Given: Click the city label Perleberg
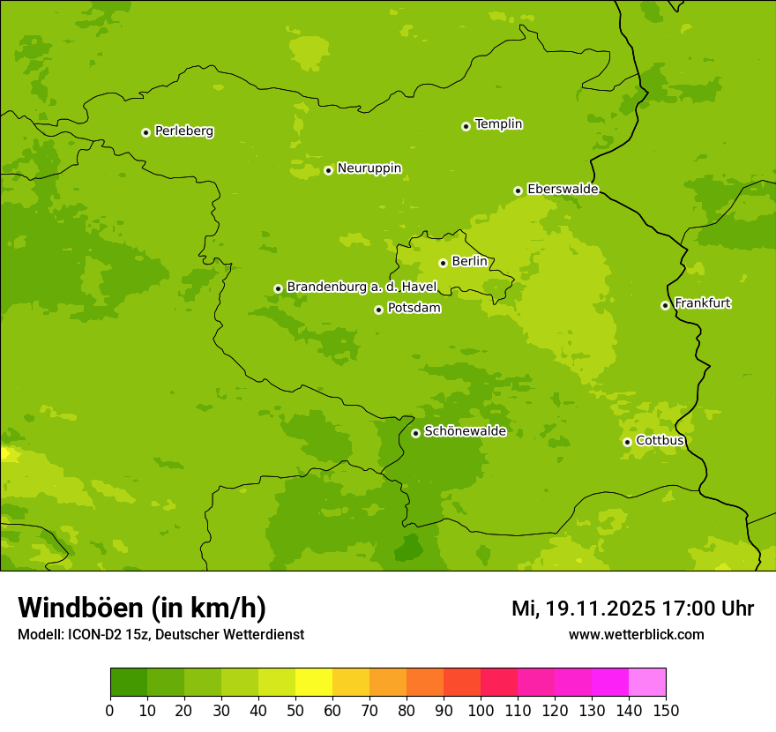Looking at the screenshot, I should tap(183, 131).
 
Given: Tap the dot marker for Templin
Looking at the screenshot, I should tap(466, 126).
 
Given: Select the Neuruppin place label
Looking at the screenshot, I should tap(369, 168).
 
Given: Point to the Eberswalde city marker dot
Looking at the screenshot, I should tap(518, 190).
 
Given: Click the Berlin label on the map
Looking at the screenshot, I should tap(469, 262).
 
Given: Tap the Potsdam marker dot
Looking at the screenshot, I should tap(378, 310).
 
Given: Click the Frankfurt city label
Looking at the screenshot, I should tap(702, 303).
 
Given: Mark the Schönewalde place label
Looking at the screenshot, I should tap(465, 432).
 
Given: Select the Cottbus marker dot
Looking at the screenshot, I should tap(627, 442).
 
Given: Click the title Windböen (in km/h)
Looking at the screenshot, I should tap(142, 608).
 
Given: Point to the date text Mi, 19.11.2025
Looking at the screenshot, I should tap(583, 609).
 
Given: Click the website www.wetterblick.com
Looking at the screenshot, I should tap(636, 634).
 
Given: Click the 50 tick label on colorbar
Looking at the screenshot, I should tap(295, 710).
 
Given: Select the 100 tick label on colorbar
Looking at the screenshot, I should tap(481, 710).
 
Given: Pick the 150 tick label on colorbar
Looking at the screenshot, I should tap(666, 710).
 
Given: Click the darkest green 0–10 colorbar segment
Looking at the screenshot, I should tap(129, 683).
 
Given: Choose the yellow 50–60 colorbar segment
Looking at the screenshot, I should tap(314, 683).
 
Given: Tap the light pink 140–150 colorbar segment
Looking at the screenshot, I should tap(647, 683).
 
